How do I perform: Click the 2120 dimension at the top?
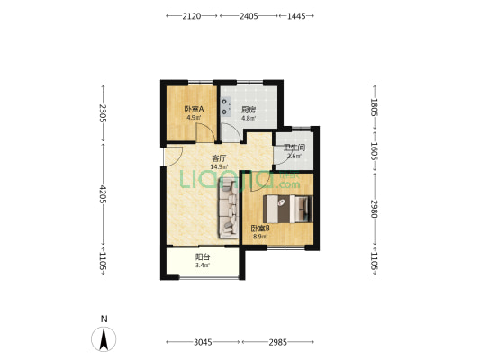click(x=192, y=16)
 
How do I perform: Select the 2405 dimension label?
click(x=249, y=16)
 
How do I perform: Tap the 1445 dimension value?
click(x=296, y=16)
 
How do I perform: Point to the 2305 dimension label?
click(x=104, y=113)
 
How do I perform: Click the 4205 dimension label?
click(x=104, y=194)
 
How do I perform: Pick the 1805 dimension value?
click(x=375, y=107)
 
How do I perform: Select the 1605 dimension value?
click(x=375, y=151)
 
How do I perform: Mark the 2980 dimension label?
click(x=375, y=209)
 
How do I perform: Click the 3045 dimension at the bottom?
click(x=203, y=342)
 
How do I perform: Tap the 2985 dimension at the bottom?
click(x=278, y=342)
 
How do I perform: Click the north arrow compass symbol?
click(x=104, y=339)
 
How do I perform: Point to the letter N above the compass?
click(x=104, y=319)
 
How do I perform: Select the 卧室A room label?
click(x=194, y=109)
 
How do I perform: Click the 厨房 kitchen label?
click(x=249, y=110)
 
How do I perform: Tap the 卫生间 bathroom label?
click(x=294, y=148)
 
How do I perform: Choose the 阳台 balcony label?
click(x=203, y=257)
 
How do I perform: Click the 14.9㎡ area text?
click(x=219, y=167)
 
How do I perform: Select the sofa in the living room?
click(x=229, y=209)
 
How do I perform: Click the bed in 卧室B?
click(x=288, y=209)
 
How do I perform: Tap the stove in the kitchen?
click(x=226, y=107)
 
